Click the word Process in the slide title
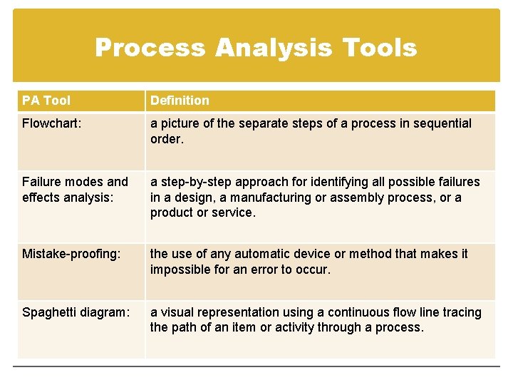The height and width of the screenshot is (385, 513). (x=150, y=48)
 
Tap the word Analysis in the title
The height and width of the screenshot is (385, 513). (x=274, y=48)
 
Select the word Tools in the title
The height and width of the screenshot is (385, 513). (x=379, y=48)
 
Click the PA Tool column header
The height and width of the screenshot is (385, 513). (x=46, y=101)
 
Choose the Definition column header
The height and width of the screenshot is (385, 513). (x=180, y=101)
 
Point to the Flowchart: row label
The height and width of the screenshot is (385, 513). (x=51, y=123)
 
